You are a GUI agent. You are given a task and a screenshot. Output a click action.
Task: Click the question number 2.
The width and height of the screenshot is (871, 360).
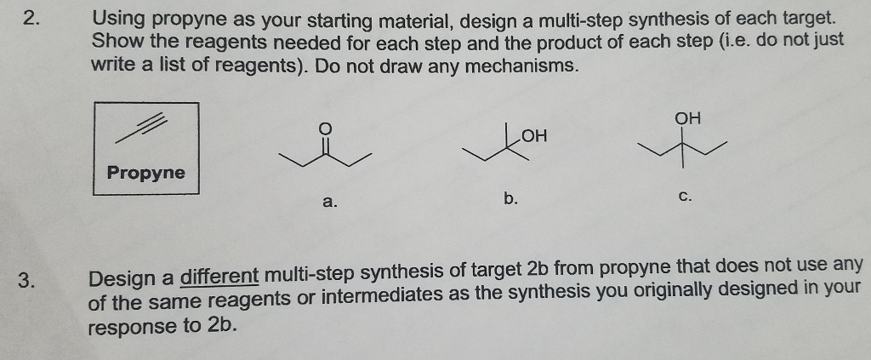click(31, 19)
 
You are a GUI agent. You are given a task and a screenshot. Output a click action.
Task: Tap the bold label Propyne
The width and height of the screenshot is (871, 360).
click(145, 173)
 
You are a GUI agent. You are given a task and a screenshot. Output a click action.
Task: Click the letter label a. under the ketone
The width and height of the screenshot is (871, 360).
click(329, 202)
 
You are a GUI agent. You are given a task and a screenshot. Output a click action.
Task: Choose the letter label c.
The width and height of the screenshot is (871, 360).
click(686, 197)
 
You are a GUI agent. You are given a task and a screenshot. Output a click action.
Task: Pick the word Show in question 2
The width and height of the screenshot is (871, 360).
click(115, 41)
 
